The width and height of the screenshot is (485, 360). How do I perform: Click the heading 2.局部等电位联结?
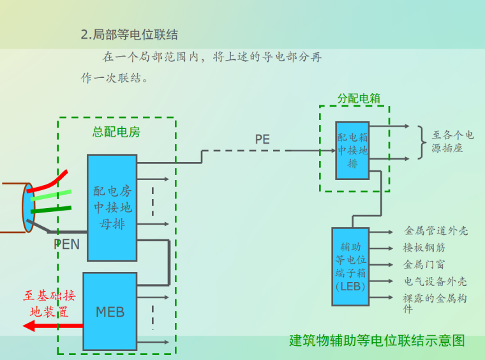(x=129, y=34)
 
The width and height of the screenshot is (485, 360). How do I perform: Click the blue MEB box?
(x=110, y=311)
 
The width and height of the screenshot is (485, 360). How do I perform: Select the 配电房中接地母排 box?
(x=112, y=207)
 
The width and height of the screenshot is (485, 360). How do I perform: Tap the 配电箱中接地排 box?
(x=352, y=151)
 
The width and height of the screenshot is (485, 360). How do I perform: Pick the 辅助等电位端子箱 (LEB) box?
(x=350, y=267)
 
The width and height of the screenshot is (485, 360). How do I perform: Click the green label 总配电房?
(x=116, y=132)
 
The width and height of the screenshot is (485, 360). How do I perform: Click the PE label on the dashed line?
(x=262, y=139)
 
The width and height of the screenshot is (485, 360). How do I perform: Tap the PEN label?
(x=66, y=244)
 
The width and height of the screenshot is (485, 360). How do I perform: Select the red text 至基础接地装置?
(x=49, y=304)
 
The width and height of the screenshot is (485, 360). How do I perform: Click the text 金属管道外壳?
(x=436, y=230)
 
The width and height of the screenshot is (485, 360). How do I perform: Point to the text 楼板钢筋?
(x=424, y=248)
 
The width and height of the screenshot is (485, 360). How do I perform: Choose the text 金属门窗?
(x=424, y=264)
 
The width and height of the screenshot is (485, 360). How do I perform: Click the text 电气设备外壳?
(x=435, y=281)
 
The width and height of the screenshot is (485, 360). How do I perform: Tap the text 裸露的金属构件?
(x=435, y=303)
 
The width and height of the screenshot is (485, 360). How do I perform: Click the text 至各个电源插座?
(x=452, y=141)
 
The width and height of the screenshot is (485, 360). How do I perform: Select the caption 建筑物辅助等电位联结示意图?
(x=377, y=340)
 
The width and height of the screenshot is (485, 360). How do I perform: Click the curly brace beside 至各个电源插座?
(x=421, y=142)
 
